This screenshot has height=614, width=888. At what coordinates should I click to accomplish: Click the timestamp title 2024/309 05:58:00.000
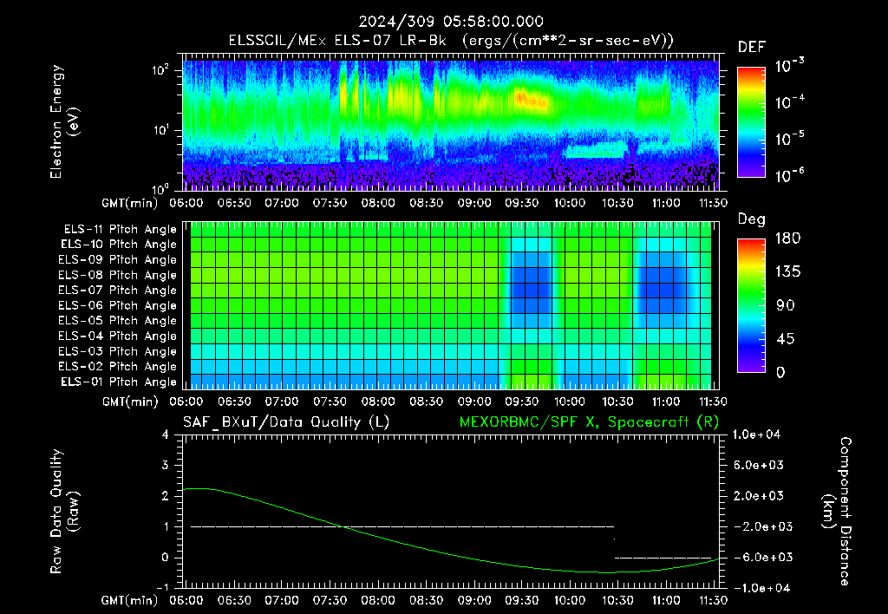[x=451, y=22]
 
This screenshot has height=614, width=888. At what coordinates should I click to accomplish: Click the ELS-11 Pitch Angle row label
[x=120, y=230]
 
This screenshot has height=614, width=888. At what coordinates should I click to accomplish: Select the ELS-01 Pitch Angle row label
[x=118, y=382]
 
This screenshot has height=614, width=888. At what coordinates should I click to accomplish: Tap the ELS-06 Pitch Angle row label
[x=117, y=305]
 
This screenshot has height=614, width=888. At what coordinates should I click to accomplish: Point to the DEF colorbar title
[x=752, y=47]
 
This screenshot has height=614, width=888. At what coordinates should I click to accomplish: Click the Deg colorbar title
[x=752, y=219]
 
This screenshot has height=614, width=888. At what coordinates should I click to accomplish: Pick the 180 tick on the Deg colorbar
[x=787, y=238]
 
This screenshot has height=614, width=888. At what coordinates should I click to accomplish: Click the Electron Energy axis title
[x=64, y=121]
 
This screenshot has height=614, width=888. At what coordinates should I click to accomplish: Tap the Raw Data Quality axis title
[x=64, y=512]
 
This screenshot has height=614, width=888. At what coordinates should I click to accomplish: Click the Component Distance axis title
[x=837, y=512]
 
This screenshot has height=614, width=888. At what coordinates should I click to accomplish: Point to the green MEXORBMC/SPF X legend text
[x=589, y=422]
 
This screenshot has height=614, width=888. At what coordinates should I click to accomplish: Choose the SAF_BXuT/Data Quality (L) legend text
[x=286, y=422]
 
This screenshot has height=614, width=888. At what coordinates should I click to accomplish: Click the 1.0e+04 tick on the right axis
[x=756, y=434]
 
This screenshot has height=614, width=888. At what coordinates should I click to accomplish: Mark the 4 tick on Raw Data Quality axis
[x=166, y=434]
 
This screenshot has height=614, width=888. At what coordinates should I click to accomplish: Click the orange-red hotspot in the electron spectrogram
[x=532, y=100]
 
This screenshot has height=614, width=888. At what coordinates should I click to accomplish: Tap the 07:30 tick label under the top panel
[x=330, y=203]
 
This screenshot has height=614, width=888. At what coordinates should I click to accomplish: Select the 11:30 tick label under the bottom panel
[x=713, y=600]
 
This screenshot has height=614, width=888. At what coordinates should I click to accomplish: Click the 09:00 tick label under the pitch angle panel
[x=474, y=402]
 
